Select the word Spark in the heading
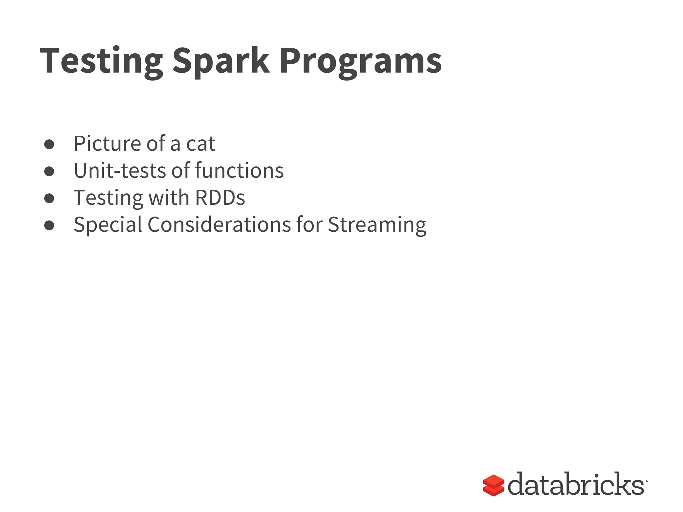(x=220, y=62)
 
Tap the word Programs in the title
(x=361, y=62)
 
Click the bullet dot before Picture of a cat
(x=49, y=144)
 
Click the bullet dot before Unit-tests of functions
(x=49, y=171)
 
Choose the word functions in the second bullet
(x=239, y=171)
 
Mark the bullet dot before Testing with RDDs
(x=49, y=198)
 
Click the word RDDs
(x=220, y=198)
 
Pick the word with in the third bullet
(x=169, y=198)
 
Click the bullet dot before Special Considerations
(x=49, y=225)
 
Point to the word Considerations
(x=219, y=225)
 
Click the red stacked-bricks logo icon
(x=493, y=485)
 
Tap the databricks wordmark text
(x=576, y=484)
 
